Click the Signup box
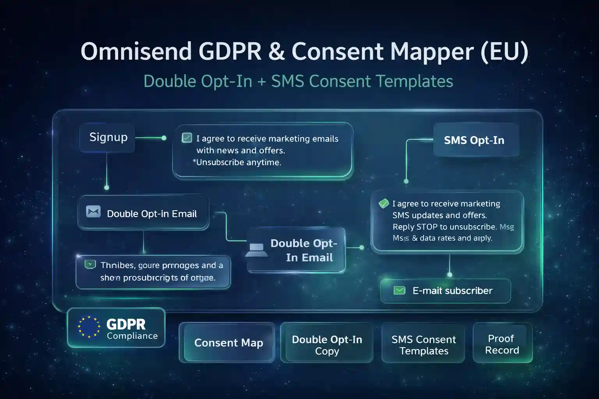[x=108, y=138]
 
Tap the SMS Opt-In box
[x=475, y=140]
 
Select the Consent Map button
[x=228, y=343]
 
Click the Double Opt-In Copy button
[x=327, y=344]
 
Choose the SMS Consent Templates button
[x=424, y=344]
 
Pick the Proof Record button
[x=502, y=344]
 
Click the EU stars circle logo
[x=89, y=327]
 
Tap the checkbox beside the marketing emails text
[x=187, y=138]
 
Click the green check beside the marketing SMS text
[x=384, y=203]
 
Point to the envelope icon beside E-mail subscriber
[x=399, y=290]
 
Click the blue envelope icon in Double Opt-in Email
[x=94, y=212]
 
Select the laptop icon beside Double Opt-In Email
[x=257, y=250]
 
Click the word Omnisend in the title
[x=136, y=51]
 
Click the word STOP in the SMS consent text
[x=427, y=227]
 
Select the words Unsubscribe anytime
[x=239, y=162]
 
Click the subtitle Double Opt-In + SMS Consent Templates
[x=298, y=81]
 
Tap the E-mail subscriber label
[x=452, y=291]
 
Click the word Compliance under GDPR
[x=132, y=336]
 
